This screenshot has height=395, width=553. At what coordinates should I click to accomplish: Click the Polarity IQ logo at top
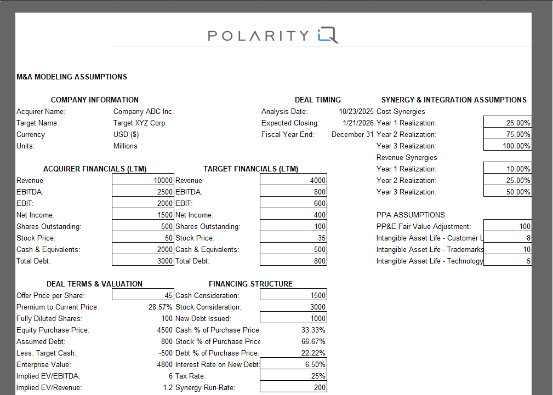click(x=273, y=36)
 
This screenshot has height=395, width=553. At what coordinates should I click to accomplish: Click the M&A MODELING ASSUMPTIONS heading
click(x=72, y=77)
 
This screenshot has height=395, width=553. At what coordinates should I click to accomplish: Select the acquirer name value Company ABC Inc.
click(x=143, y=112)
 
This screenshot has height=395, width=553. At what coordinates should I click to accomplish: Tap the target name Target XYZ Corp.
click(x=140, y=123)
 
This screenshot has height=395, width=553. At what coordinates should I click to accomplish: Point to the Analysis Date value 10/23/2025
click(x=356, y=112)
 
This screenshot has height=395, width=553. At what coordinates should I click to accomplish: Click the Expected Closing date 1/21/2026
click(x=358, y=123)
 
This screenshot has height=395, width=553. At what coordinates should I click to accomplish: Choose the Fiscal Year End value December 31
click(x=352, y=135)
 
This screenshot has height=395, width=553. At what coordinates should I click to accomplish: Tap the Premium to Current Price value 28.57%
click(x=161, y=307)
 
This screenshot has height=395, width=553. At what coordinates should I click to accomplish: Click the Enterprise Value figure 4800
click(x=165, y=365)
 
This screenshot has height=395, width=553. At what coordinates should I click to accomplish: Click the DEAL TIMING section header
click(x=318, y=100)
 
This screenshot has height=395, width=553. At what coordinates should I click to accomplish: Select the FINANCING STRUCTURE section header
click(x=250, y=284)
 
